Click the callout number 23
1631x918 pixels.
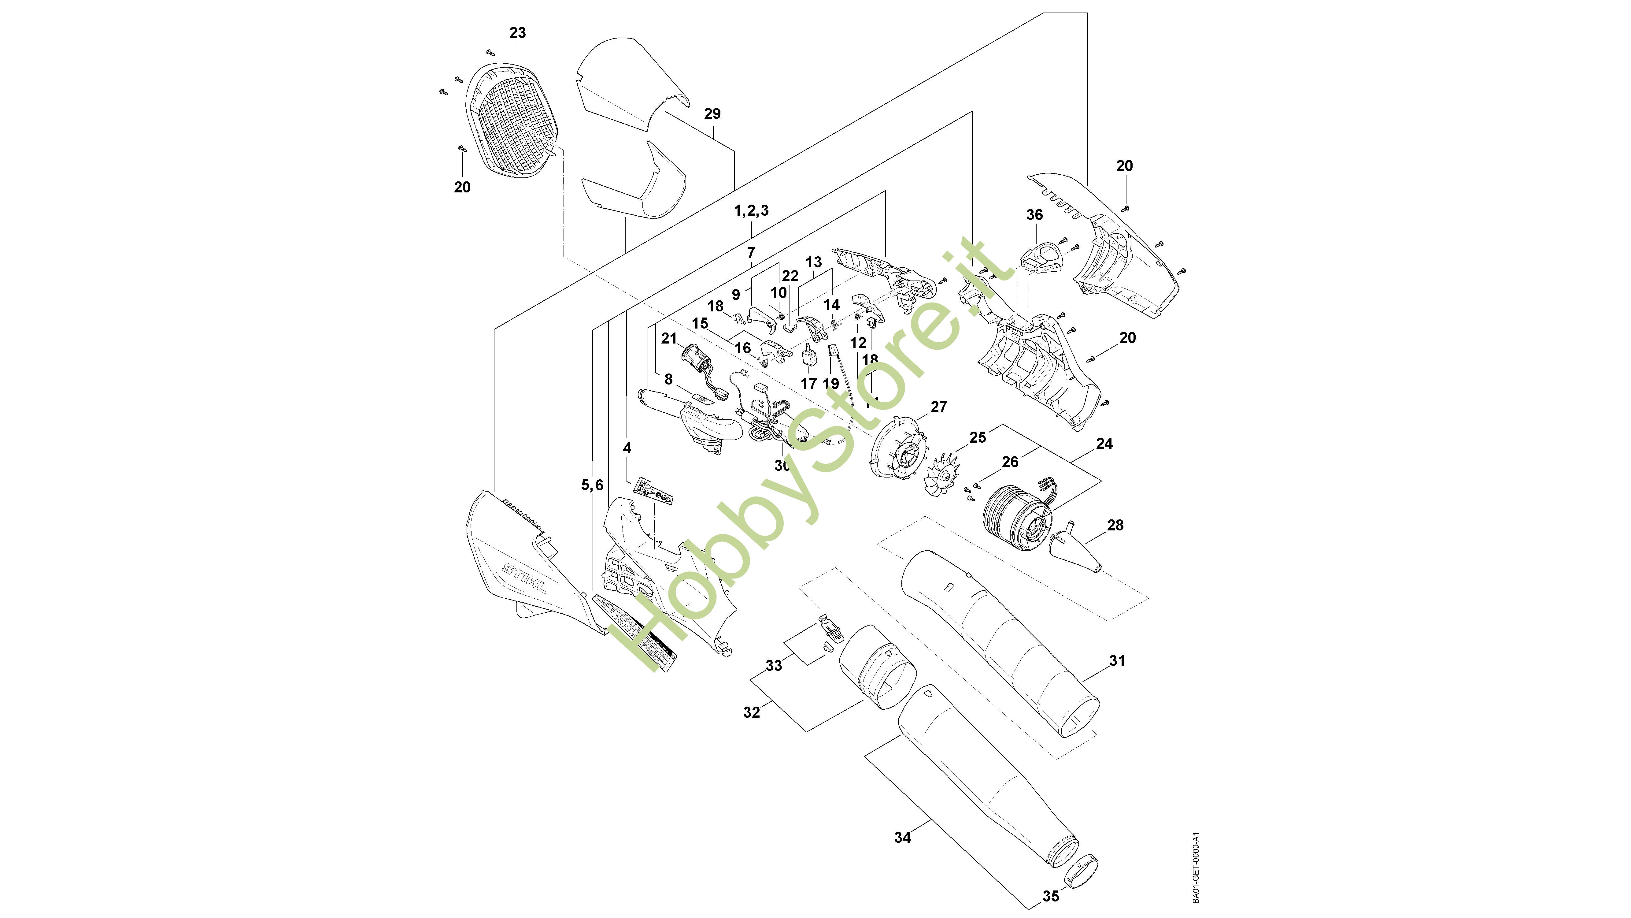[x=517, y=33]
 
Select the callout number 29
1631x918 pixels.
[x=712, y=114]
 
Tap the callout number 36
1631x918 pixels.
[x=1034, y=215]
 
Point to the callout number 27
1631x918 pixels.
[x=938, y=407]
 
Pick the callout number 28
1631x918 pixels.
[x=1115, y=525]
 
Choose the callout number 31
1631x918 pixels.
[x=1117, y=661]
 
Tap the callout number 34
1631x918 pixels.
[x=902, y=838]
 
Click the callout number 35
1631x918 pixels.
[x=1050, y=897]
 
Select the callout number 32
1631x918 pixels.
[x=752, y=712]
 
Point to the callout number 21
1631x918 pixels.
[x=669, y=338]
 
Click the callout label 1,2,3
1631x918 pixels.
[x=752, y=210]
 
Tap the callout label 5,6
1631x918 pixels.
[x=593, y=485]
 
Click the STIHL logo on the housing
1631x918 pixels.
[x=524, y=577]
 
